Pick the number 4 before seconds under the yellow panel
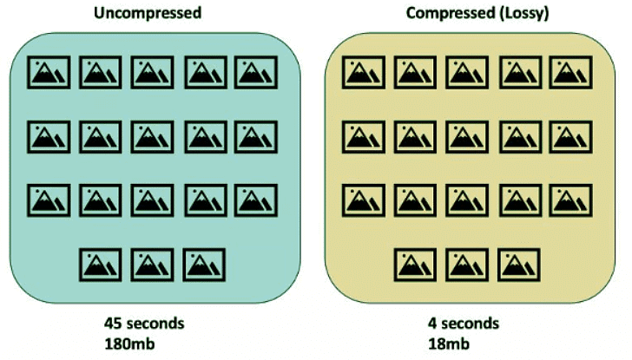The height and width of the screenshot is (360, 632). tap(431, 323)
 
